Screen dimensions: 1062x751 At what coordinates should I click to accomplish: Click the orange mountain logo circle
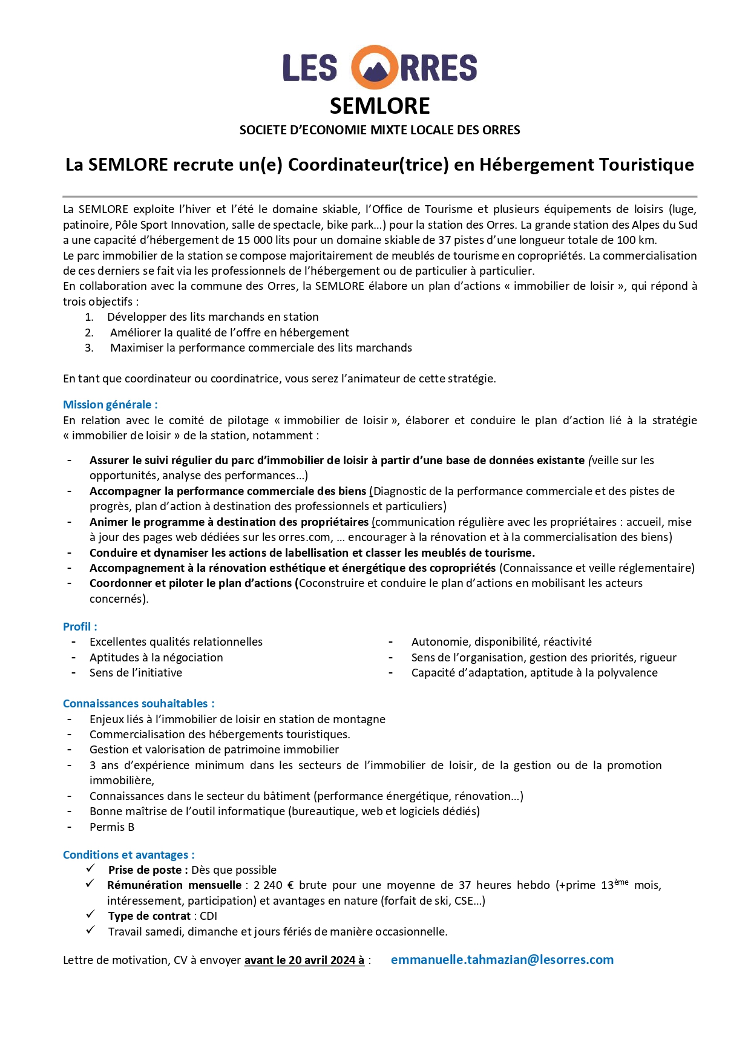(x=375, y=67)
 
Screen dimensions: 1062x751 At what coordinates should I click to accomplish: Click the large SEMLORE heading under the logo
(x=379, y=107)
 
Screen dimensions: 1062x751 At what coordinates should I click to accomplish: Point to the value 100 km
(x=636, y=240)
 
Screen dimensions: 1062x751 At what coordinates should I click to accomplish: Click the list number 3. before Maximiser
(x=90, y=348)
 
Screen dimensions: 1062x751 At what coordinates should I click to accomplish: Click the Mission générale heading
(x=110, y=405)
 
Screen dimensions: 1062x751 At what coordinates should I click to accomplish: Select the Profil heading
(x=80, y=627)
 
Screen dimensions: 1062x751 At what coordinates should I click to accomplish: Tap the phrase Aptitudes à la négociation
(x=156, y=658)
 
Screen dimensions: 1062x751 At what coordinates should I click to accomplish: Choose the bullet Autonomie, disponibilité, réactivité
(x=501, y=642)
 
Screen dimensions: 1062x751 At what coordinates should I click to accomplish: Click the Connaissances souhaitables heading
(x=139, y=704)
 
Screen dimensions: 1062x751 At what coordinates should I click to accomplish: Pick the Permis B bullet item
(x=112, y=827)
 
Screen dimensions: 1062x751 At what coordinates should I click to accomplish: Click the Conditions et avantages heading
(x=129, y=855)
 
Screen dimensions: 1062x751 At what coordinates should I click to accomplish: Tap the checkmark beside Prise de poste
(x=91, y=869)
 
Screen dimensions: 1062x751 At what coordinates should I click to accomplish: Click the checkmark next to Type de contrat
(x=91, y=915)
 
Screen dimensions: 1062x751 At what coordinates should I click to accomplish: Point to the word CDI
(x=208, y=916)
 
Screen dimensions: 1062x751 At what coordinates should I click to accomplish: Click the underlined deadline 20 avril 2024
(x=321, y=960)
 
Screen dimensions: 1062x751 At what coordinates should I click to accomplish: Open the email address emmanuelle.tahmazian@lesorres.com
(x=502, y=960)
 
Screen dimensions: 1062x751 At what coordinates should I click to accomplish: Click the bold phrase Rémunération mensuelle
(x=174, y=885)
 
